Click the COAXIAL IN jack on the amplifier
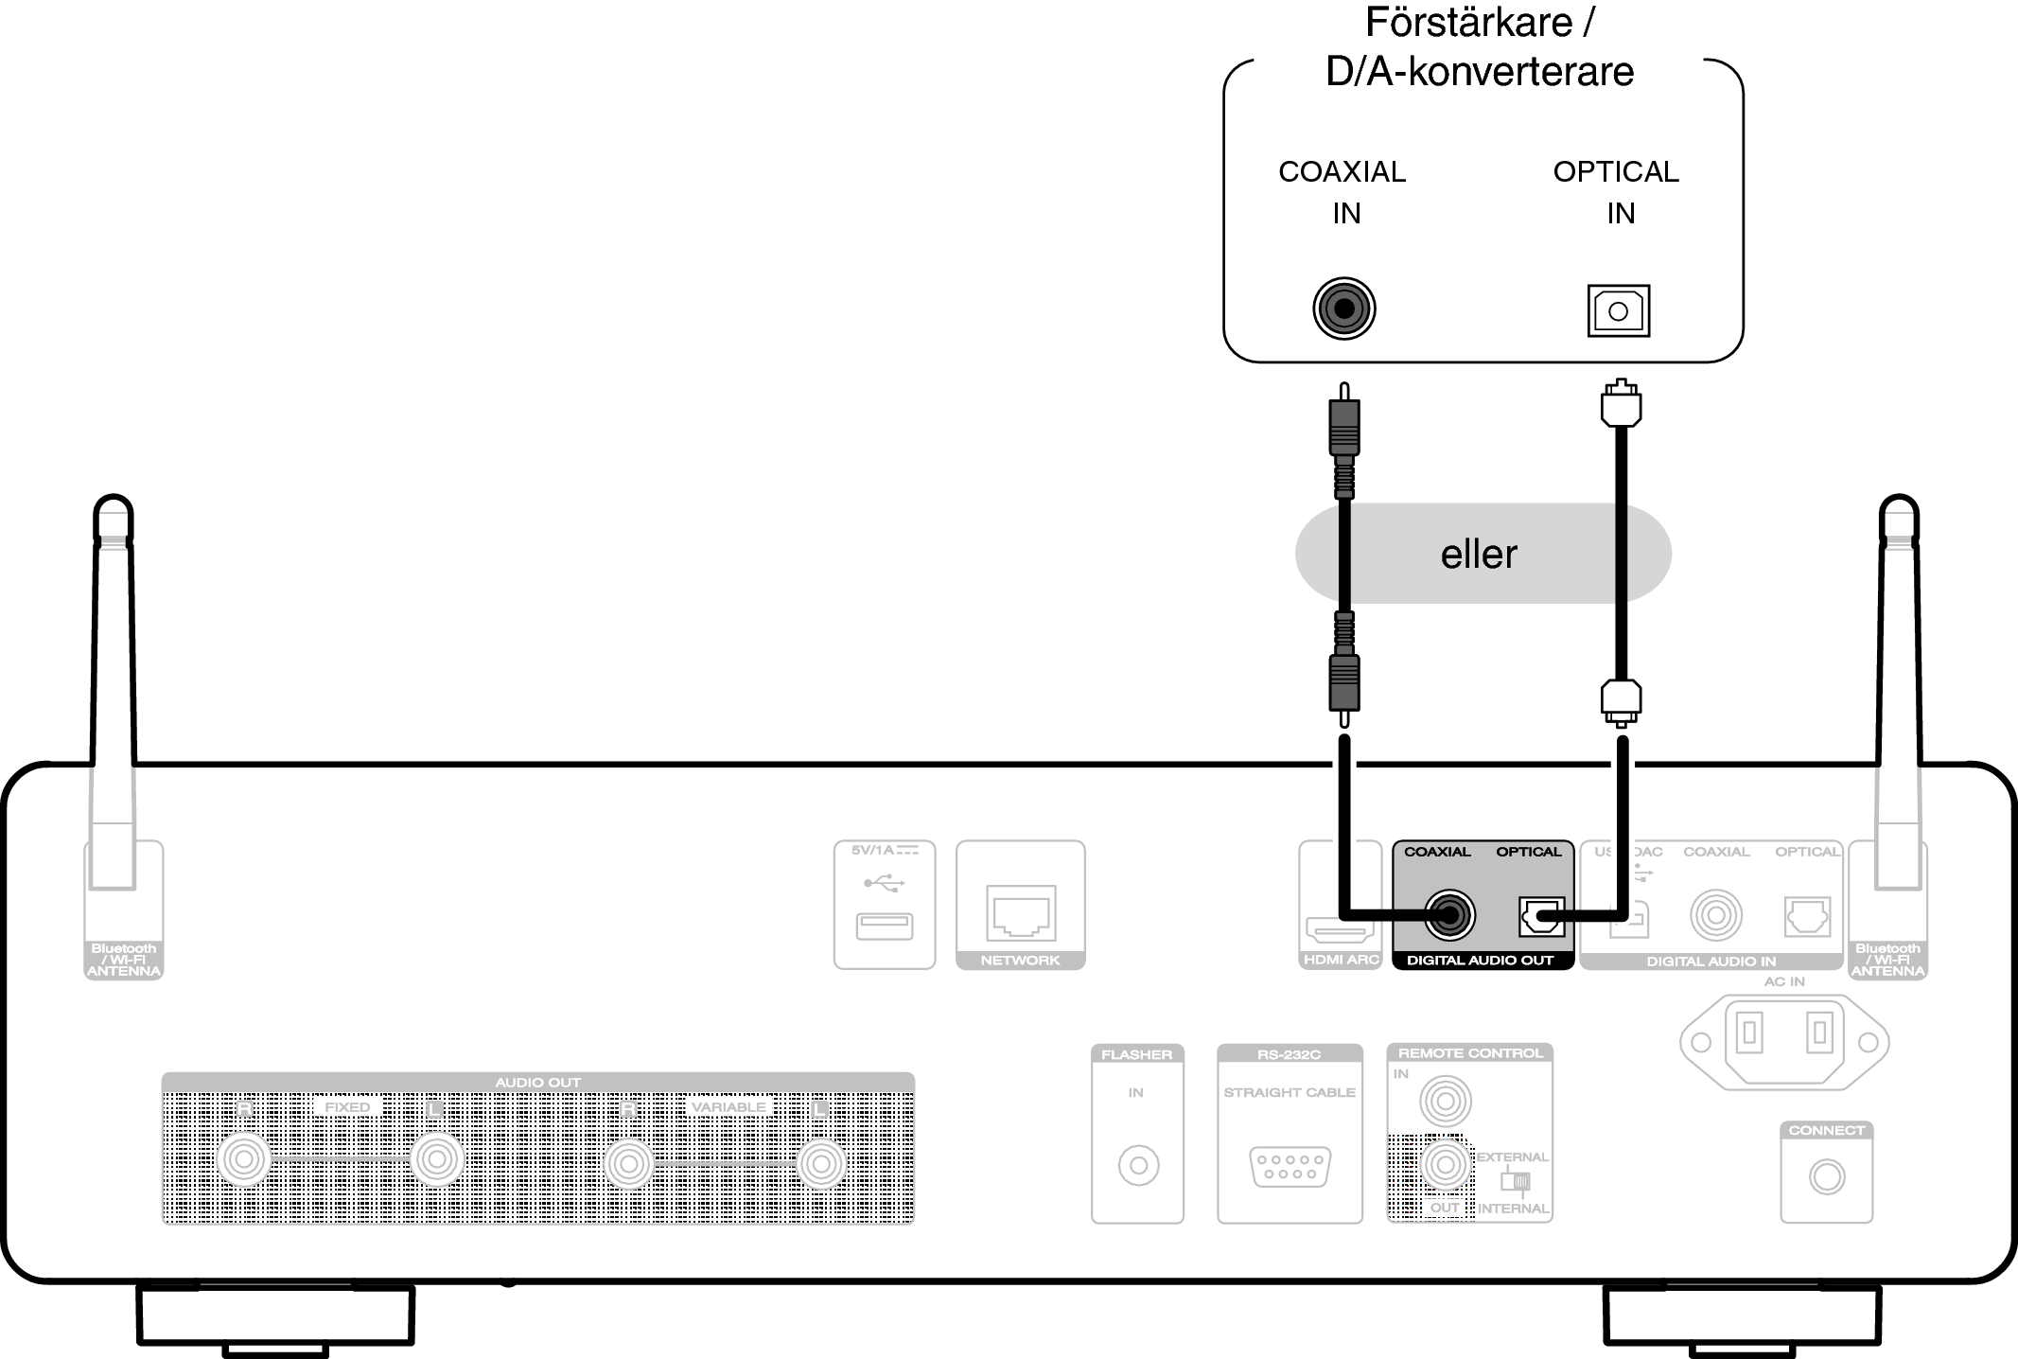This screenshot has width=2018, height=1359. click(1343, 309)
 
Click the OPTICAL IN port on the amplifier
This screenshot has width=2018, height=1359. click(1618, 310)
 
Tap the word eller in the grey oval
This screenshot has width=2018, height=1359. click(1479, 555)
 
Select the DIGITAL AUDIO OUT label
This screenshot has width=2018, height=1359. click(1480, 961)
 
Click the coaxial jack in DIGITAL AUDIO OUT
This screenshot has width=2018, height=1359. click(1449, 915)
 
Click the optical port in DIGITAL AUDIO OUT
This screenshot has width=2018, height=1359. click(1541, 916)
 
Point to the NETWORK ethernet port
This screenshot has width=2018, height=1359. click(1020, 912)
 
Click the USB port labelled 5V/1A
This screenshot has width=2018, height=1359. click(885, 926)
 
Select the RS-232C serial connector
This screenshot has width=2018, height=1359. click(1290, 1166)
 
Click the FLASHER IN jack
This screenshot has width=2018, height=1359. click(1138, 1166)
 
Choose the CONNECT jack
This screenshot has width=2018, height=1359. click(1826, 1177)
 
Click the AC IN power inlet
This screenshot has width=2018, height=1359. click(1784, 1042)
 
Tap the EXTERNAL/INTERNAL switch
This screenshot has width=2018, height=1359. click(1515, 1181)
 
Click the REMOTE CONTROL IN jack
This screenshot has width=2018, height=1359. click(1445, 1102)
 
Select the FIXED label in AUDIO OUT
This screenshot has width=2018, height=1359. click(347, 1107)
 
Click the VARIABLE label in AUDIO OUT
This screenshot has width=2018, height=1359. click(728, 1107)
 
